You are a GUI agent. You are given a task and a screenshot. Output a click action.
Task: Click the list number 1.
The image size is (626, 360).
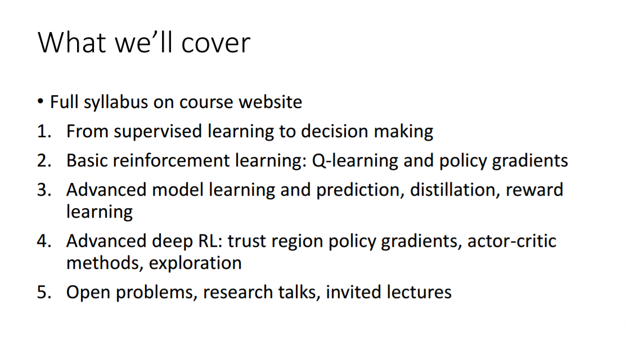point(44,132)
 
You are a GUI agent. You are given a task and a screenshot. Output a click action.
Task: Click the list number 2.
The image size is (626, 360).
point(44,161)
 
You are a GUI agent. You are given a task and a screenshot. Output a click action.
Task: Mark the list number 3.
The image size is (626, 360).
point(44,190)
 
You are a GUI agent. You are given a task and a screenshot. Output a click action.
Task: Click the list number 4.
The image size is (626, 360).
point(44,241)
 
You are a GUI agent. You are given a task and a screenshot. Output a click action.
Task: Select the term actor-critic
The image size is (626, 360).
point(512,241)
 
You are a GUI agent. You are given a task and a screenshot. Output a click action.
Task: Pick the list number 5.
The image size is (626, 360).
point(44,292)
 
